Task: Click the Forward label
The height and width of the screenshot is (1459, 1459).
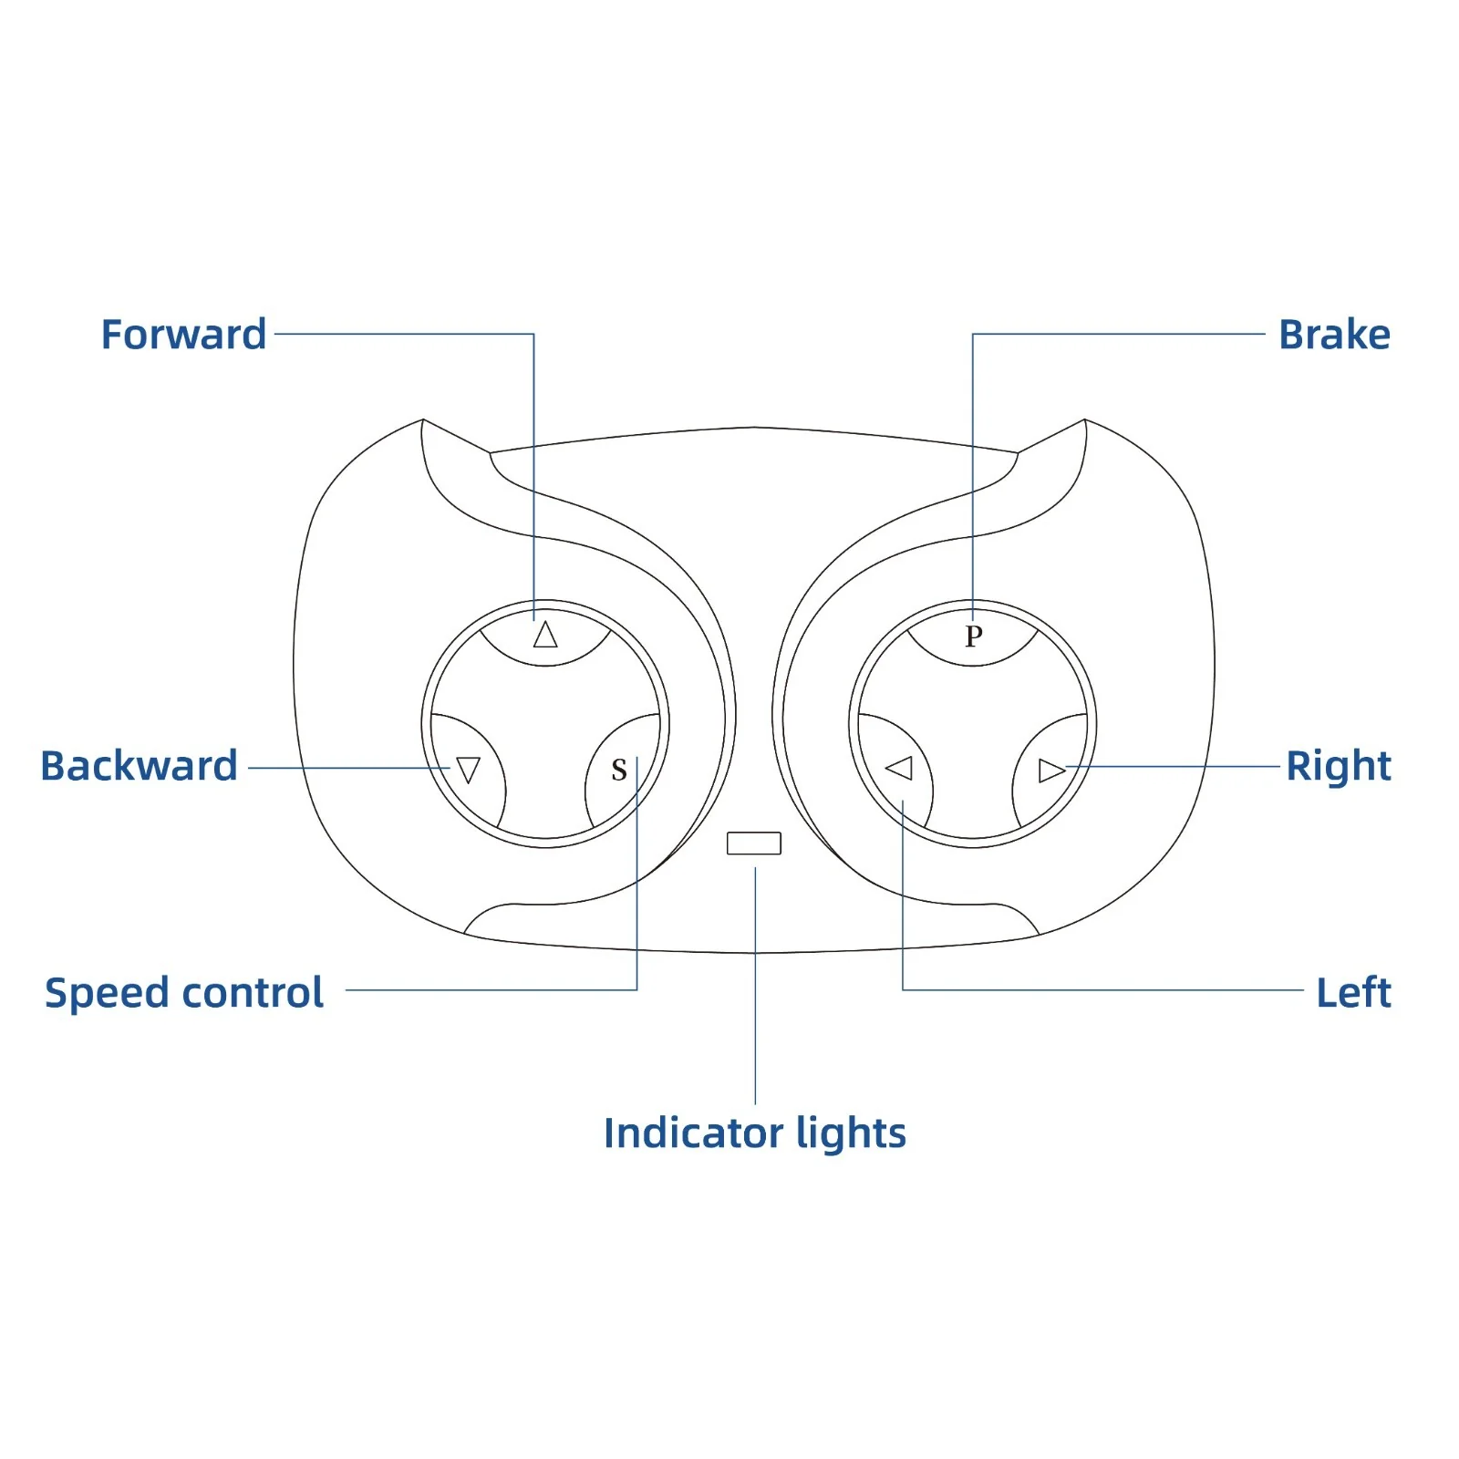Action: pos(183,335)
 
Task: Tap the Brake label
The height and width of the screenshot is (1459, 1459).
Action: pos(1334,335)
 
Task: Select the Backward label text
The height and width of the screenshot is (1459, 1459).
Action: pos(139,766)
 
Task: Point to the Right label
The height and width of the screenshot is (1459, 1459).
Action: pos(1339,767)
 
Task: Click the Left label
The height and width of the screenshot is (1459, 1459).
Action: pos(1354,992)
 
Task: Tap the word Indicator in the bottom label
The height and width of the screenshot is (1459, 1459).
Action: pos(694,1133)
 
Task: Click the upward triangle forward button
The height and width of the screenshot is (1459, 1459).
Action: pos(545,635)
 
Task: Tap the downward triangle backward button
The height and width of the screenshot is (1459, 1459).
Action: pos(469,771)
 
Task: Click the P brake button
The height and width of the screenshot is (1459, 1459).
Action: pos(973,636)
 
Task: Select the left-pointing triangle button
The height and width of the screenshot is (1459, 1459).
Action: pos(899,768)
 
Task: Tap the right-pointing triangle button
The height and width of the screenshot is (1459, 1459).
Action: pos(1051,771)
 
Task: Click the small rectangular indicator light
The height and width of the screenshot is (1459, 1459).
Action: pos(754,843)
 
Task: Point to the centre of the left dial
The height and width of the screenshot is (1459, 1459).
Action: pos(545,724)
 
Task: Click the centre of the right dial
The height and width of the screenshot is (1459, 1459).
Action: pos(973,724)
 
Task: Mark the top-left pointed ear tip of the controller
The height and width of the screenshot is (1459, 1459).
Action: pos(423,419)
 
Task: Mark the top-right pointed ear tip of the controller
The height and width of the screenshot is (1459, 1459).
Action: pos(1085,419)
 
